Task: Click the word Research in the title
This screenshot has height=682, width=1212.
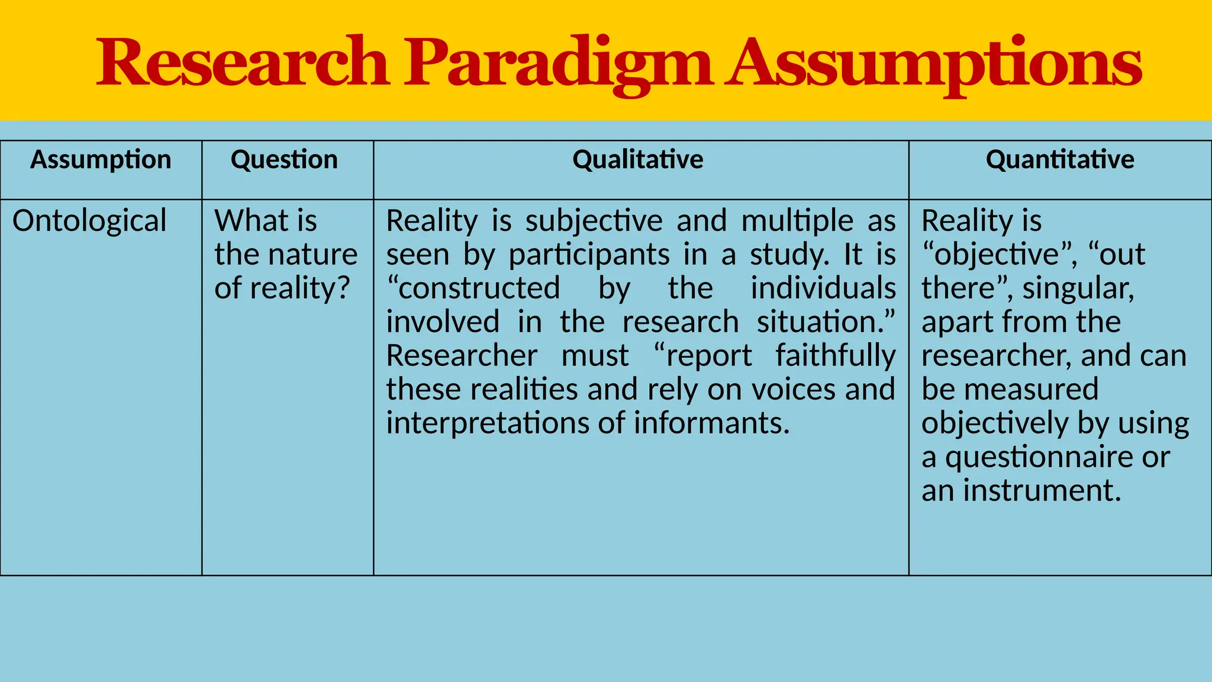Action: (x=243, y=63)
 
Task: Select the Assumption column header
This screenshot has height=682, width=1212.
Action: (x=101, y=160)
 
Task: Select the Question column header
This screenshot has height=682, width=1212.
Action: (x=284, y=160)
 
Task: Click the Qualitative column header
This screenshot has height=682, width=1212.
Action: (x=638, y=160)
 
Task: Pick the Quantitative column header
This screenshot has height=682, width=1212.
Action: (x=1060, y=160)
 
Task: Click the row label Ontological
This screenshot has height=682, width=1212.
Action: (x=89, y=221)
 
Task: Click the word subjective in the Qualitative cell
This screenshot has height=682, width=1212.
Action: (x=594, y=221)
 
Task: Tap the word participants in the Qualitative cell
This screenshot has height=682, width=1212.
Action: (x=589, y=255)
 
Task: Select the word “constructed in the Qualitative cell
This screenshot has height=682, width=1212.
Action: (x=473, y=289)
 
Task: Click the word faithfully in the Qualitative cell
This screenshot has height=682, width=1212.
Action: (x=836, y=356)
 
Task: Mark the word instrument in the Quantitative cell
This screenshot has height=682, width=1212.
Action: (x=1042, y=491)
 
